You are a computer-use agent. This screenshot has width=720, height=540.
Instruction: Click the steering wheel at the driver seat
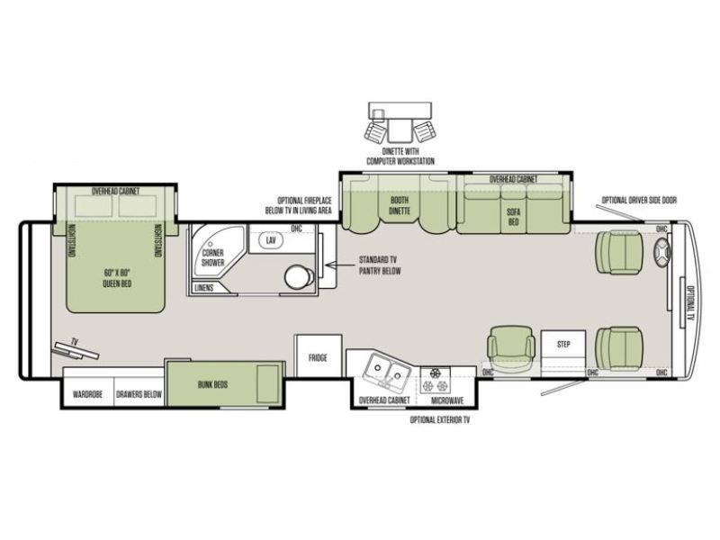click(x=662, y=254)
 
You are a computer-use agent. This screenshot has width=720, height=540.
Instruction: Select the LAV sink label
click(x=271, y=240)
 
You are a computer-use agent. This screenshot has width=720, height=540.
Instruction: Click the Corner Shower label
click(x=213, y=257)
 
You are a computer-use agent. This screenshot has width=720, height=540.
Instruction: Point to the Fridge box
click(x=318, y=356)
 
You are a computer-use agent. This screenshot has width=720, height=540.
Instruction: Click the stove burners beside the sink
click(x=435, y=380)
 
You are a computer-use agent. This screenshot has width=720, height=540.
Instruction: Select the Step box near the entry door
click(x=563, y=348)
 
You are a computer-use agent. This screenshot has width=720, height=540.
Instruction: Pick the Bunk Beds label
click(x=213, y=384)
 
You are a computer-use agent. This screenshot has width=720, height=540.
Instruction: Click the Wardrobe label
click(x=87, y=394)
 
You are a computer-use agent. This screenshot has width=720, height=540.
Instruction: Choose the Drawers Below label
click(x=139, y=394)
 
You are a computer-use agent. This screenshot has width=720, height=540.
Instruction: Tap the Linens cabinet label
click(x=204, y=288)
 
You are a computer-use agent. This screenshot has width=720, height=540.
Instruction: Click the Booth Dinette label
click(x=399, y=205)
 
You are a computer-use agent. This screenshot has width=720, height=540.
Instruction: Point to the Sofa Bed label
click(x=513, y=217)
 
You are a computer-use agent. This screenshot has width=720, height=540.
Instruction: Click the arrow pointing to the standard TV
click(x=340, y=265)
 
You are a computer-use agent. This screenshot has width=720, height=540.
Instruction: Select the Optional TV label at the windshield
click(x=690, y=302)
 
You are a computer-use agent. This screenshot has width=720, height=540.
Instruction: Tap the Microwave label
click(x=447, y=400)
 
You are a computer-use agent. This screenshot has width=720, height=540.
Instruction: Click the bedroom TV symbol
click(x=76, y=349)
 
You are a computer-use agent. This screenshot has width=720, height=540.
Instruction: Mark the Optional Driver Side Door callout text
click(x=639, y=200)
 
